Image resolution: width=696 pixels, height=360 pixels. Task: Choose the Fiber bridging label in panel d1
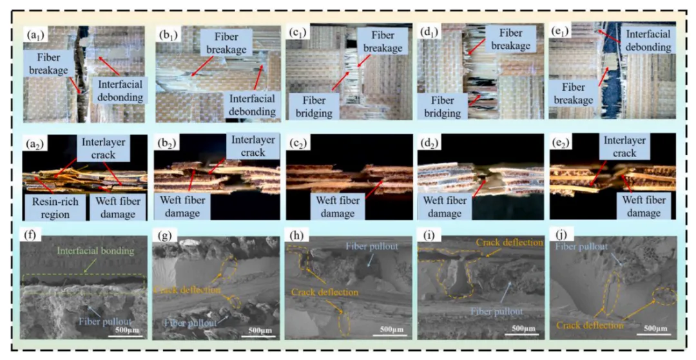443,106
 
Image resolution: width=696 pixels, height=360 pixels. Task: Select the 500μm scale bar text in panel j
652,331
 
